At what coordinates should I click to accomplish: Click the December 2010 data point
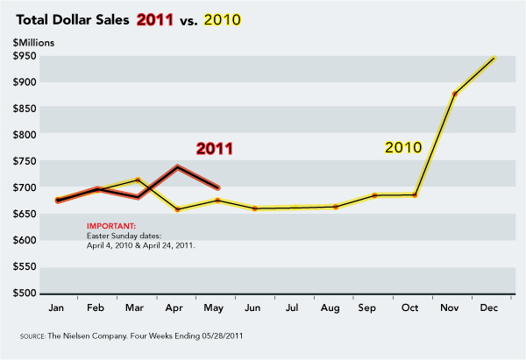pos(494,58)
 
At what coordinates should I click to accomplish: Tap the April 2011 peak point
pos(178,166)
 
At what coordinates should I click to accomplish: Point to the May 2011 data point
pos(217,187)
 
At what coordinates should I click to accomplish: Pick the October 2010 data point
pos(415,194)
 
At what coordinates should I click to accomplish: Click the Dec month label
pos(494,308)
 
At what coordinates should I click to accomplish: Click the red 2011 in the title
pos(154,18)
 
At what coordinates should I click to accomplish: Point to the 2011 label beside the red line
pos(214,148)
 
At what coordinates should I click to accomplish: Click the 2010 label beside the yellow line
pos(404,147)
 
